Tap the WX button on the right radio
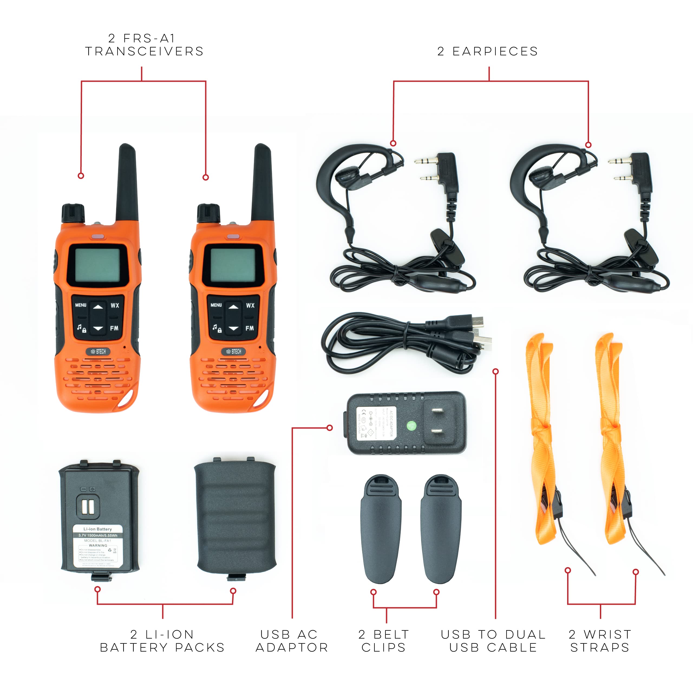(250, 305)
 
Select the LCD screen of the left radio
(97, 265)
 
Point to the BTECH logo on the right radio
(234, 352)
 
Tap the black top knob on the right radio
(208, 213)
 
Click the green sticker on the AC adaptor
(411, 426)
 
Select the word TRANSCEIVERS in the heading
(144, 51)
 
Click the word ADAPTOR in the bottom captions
(292, 648)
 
